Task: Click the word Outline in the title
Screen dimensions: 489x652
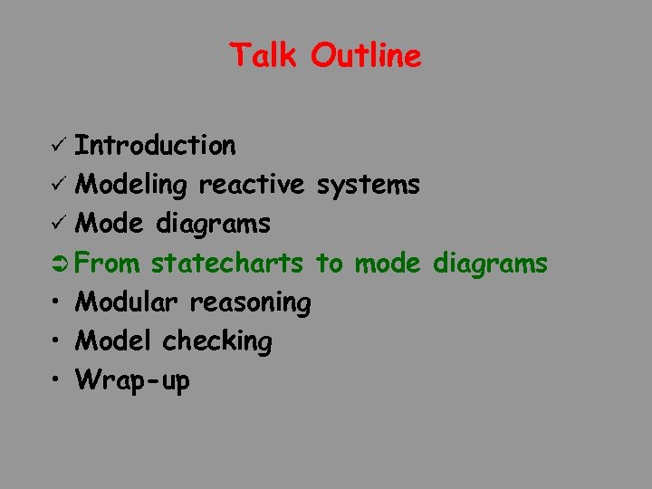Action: (x=366, y=56)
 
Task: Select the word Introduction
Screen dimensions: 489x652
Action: (x=156, y=145)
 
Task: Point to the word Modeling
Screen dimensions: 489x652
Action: (x=132, y=186)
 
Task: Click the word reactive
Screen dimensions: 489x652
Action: (x=252, y=185)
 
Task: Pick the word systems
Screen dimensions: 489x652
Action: (x=367, y=186)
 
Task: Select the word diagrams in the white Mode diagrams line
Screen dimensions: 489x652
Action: (x=214, y=224)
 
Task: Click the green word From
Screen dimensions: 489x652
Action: (x=108, y=264)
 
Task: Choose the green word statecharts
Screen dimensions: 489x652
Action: (x=227, y=264)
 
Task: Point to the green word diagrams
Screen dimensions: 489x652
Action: (x=490, y=264)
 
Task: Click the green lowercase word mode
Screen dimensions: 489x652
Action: (x=388, y=264)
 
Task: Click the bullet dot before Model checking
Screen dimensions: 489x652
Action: (x=57, y=341)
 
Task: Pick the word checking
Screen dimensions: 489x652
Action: (x=217, y=342)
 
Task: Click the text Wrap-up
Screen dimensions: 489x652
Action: (x=133, y=381)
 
